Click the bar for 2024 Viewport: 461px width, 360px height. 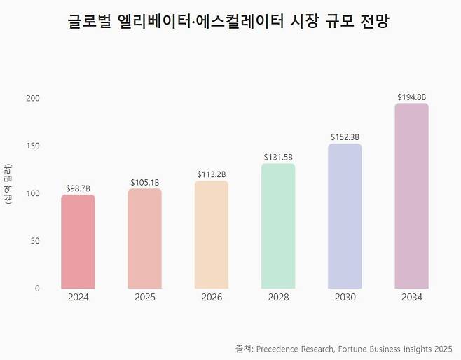click(78, 242)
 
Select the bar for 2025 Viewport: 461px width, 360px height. click(145, 238)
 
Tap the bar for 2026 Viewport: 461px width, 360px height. click(212, 235)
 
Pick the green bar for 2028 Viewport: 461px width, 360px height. click(278, 226)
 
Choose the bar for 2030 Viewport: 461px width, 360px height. click(345, 216)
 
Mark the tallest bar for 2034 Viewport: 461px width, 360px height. click(411, 196)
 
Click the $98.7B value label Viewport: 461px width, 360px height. click(78, 189)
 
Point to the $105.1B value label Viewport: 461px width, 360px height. click(145, 183)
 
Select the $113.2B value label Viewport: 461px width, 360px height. click(212, 174)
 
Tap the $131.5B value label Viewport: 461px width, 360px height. click(278, 158)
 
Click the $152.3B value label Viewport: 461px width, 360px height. click(345, 137)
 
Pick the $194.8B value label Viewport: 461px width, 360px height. click(411, 97)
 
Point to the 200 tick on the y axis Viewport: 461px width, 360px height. click(33, 98)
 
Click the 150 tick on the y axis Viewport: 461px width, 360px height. click(33, 146)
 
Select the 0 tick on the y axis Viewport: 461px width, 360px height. click(37, 288)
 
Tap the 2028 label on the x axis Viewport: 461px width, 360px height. click(278, 298)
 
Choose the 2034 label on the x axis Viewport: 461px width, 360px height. click(411, 298)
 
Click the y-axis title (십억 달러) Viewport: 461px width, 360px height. click(8, 185)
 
